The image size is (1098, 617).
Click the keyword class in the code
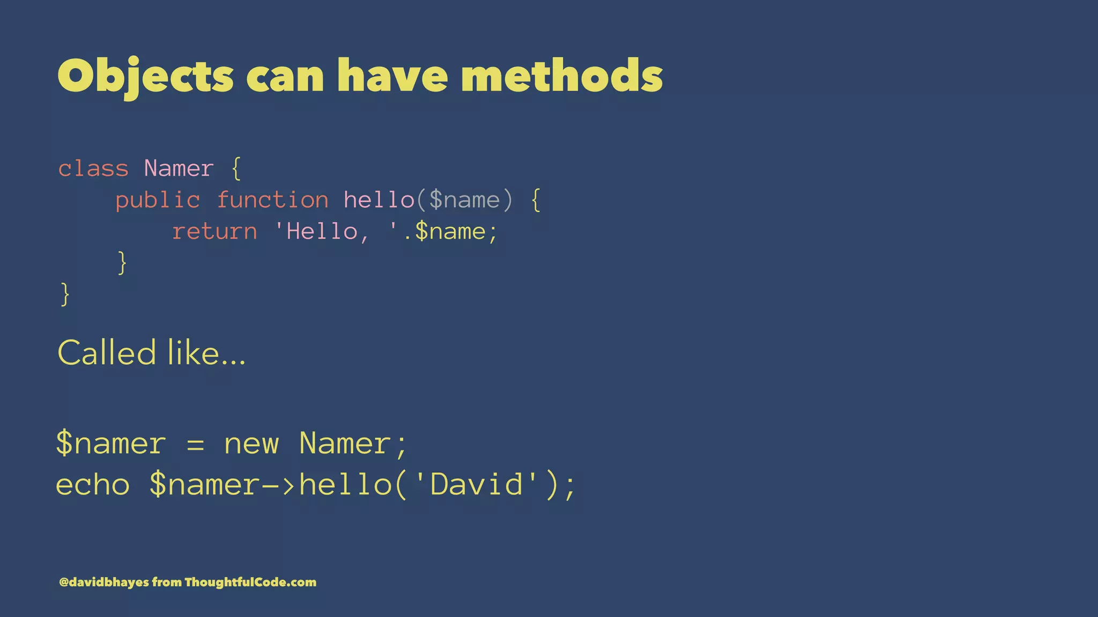click(x=93, y=169)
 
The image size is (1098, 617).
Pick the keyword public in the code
click(x=158, y=201)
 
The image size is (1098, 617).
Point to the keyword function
click(x=273, y=200)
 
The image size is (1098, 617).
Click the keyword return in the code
click(x=214, y=232)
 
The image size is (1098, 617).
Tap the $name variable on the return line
click(x=450, y=232)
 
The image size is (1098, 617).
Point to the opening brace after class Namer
click(x=236, y=169)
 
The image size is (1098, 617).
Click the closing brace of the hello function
click(x=122, y=262)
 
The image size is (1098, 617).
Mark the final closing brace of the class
click(x=65, y=294)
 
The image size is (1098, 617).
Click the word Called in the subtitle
click(x=107, y=353)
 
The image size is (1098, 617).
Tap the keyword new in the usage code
click(x=251, y=444)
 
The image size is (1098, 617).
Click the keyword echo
click(x=93, y=485)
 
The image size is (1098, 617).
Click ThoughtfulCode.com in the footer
click(x=250, y=582)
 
